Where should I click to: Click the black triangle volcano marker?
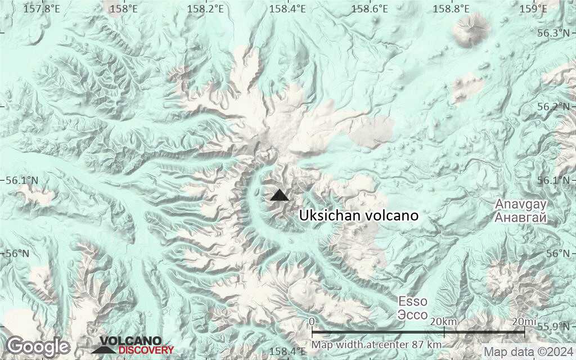(x=279, y=195)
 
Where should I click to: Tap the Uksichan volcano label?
(x=359, y=215)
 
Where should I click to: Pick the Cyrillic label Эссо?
(x=413, y=314)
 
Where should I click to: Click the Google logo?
(x=38, y=346)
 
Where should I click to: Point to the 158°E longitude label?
(x=124, y=8)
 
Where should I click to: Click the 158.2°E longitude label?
(x=206, y=8)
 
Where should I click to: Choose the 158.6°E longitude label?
(x=369, y=8)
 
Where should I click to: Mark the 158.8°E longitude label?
(x=451, y=8)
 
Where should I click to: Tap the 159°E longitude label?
(x=533, y=8)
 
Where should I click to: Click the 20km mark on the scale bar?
(x=443, y=321)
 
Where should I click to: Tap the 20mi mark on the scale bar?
(x=524, y=321)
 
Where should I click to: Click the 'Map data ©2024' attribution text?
(x=528, y=352)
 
